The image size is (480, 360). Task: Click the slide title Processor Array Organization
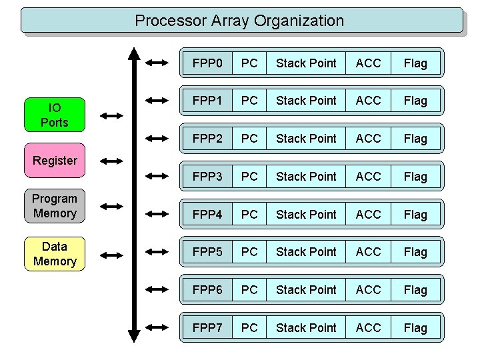[x=239, y=21]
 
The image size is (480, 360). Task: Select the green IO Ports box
[x=55, y=115]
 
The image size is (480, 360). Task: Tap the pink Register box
[x=55, y=161]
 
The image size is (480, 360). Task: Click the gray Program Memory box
[x=55, y=206]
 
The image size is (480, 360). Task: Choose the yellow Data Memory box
[x=55, y=254]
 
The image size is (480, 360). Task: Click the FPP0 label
[x=207, y=63]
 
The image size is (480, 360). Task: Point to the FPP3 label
[x=207, y=177]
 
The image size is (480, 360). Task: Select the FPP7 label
[x=207, y=328]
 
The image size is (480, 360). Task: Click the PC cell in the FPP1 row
[x=249, y=101]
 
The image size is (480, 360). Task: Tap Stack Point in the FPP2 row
[x=306, y=139]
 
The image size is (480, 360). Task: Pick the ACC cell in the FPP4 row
[x=368, y=215]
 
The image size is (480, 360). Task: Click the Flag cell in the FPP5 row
[x=415, y=252]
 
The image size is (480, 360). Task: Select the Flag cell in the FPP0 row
[x=415, y=63]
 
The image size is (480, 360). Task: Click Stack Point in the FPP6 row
[x=306, y=290]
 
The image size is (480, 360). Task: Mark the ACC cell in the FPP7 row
[x=368, y=328]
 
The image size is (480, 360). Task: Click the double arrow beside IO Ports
[x=111, y=115]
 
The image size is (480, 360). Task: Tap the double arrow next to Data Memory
[x=111, y=254]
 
